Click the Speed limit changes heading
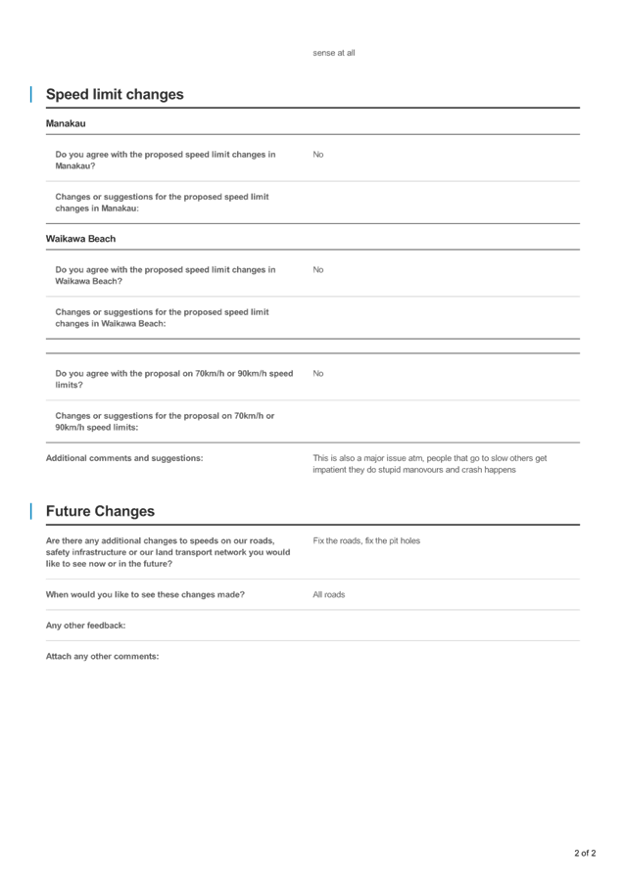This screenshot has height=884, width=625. pyautogui.click(x=115, y=95)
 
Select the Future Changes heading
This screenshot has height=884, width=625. pyautogui.click(x=100, y=511)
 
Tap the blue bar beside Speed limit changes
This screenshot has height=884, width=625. pyautogui.click(x=30, y=95)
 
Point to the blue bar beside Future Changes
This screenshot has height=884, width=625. pyautogui.click(x=30, y=511)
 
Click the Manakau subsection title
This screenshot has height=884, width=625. pyautogui.click(x=66, y=124)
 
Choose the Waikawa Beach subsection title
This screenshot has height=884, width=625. pyautogui.click(x=80, y=239)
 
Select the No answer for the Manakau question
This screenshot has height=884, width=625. pyautogui.click(x=317, y=155)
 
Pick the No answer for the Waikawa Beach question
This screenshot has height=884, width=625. pyautogui.click(x=317, y=269)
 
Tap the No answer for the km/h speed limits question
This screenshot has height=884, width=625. pyautogui.click(x=317, y=373)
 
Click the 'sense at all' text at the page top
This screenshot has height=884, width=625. pyautogui.click(x=333, y=53)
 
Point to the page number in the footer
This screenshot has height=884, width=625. pyautogui.click(x=585, y=854)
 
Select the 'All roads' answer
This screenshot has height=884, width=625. pyautogui.click(x=329, y=594)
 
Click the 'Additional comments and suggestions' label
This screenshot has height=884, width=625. pyautogui.click(x=124, y=458)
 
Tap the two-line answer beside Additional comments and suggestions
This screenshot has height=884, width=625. pyautogui.click(x=429, y=464)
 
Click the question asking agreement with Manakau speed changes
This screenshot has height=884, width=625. pyautogui.click(x=166, y=161)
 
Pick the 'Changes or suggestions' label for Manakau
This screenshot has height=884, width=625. pyautogui.click(x=162, y=203)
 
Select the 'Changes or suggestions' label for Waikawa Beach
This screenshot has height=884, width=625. pyautogui.click(x=162, y=317)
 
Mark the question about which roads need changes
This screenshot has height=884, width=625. pyautogui.click(x=145, y=594)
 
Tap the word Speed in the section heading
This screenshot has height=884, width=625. pyautogui.click(x=68, y=95)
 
